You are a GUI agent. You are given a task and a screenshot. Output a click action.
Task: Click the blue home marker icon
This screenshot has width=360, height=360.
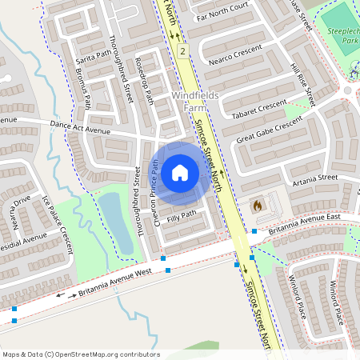pos(180,172)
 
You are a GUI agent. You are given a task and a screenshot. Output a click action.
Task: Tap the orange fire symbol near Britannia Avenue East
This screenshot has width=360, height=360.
pos(258,206)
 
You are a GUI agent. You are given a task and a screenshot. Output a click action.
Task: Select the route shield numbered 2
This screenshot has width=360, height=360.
pos(183,51)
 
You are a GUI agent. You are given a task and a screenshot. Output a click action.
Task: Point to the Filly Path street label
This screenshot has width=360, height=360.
pos(182,216)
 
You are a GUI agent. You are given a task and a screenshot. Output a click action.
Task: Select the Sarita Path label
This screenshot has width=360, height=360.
pos(93,57)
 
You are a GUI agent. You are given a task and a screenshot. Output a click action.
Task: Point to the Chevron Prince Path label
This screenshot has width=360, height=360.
pos(153,200)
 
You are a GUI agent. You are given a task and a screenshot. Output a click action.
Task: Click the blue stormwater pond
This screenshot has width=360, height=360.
pos(115,220)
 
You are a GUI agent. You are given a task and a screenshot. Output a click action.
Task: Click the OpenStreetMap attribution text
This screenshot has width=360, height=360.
pos(81,354)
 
